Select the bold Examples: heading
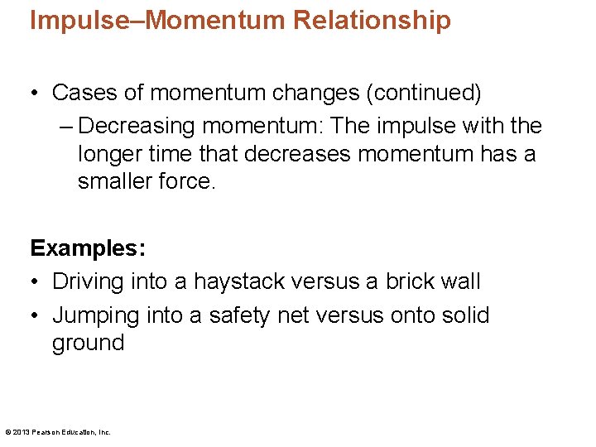(x=87, y=248)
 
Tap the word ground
(x=89, y=343)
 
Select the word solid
(x=467, y=315)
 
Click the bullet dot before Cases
(x=36, y=93)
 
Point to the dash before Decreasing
(x=67, y=127)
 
